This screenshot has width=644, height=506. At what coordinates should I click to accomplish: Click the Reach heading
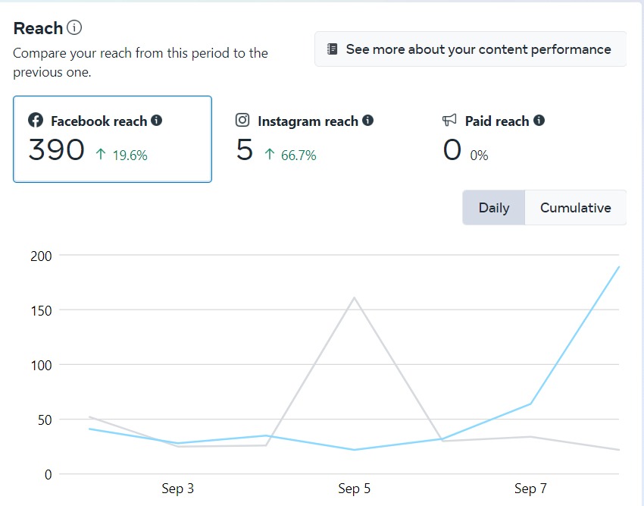pyautogui.click(x=38, y=29)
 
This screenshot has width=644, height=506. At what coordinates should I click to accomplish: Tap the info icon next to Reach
pyautogui.click(x=74, y=28)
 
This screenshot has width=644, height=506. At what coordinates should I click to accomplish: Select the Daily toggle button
pyautogui.click(x=494, y=208)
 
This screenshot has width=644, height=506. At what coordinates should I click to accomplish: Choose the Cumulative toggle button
pyautogui.click(x=575, y=208)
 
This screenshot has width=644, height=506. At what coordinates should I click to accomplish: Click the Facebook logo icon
pyautogui.click(x=36, y=121)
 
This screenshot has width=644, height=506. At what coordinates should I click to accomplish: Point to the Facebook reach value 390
pyautogui.click(x=56, y=149)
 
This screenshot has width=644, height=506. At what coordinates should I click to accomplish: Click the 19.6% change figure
pyautogui.click(x=130, y=156)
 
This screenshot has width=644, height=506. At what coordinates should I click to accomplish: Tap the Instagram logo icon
pyautogui.click(x=242, y=120)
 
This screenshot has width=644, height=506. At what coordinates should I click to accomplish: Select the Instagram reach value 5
pyautogui.click(x=244, y=149)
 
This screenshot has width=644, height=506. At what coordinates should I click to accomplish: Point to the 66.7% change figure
pyautogui.click(x=299, y=156)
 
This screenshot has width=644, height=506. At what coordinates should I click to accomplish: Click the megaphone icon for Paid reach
pyautogui.click(x=449, y=120)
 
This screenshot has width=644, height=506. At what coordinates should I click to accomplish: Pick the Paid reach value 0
pyautogui.click(x=452, y=149)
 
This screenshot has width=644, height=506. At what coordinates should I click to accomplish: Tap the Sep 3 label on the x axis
pyautogui.click(x=178, y=489)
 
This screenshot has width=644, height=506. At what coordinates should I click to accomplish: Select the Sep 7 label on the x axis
pyautogui.click(x=530, y=489)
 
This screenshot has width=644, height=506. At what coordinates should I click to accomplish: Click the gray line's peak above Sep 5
pyautogui.click(x=354, y=297)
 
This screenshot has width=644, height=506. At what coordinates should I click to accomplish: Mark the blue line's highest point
pyautogui.click(x=618, y=267)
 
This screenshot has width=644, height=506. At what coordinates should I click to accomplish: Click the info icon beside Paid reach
pyautogui.click(x=539, y=120)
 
